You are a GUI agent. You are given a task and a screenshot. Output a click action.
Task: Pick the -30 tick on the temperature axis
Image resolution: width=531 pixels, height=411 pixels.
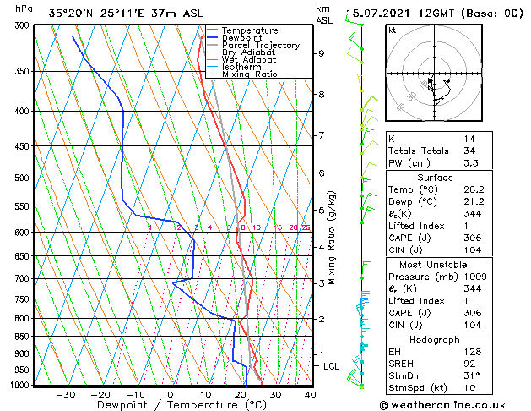point(65,394)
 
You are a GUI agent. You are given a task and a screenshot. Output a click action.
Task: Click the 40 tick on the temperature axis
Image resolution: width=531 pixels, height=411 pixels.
point(311,394)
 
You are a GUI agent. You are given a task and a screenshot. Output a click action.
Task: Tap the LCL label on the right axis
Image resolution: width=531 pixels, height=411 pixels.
point(331,366)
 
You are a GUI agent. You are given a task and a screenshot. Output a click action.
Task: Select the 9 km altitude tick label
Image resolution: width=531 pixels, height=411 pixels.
point(322,53)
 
